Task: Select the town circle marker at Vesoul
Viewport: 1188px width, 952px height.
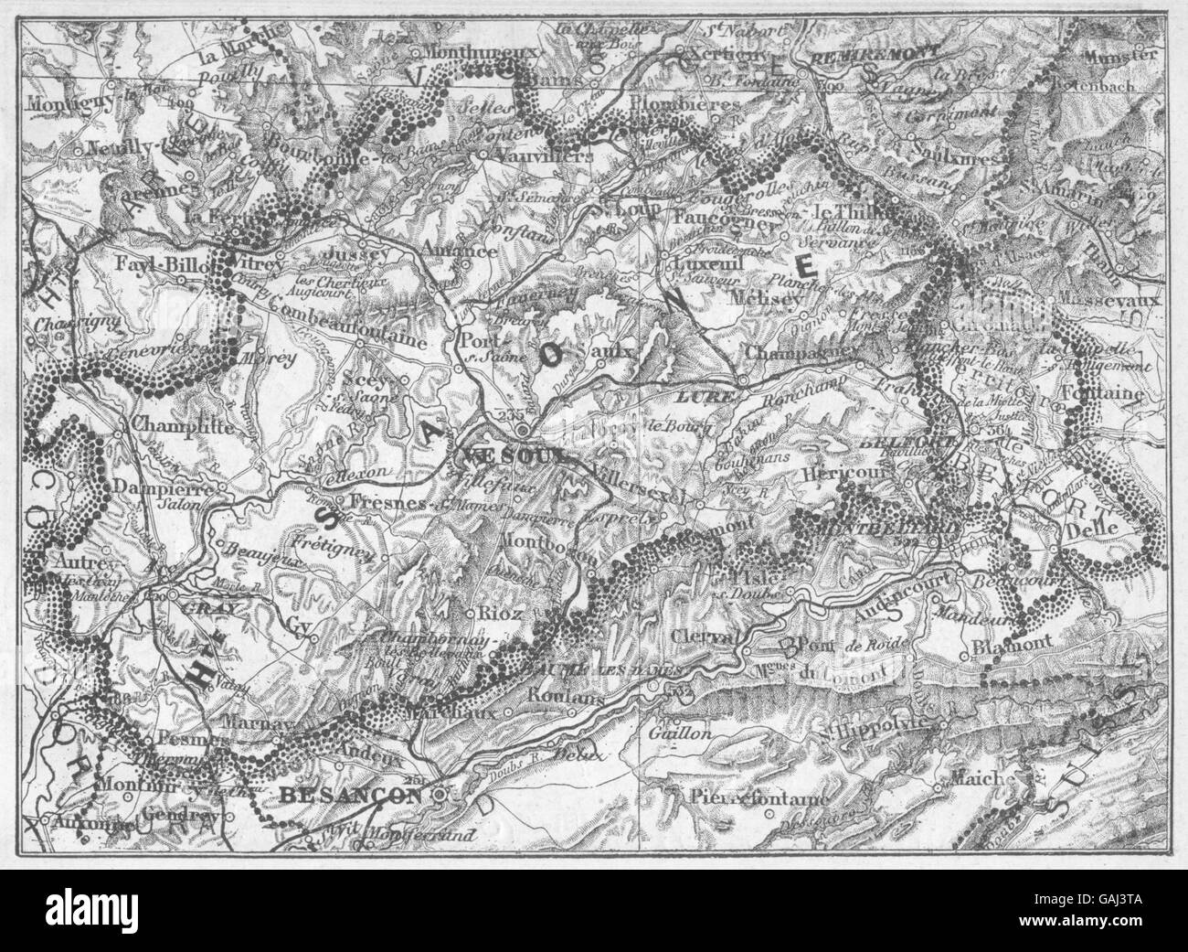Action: coord(522,430)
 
